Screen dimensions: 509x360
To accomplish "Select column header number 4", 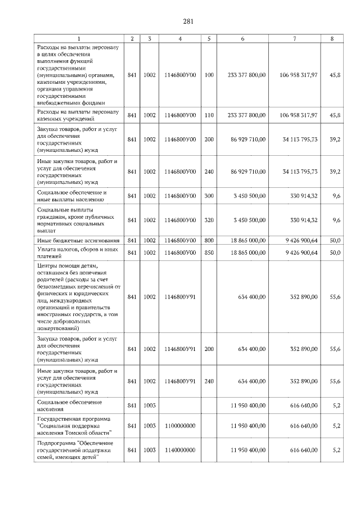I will [x=179, y=38].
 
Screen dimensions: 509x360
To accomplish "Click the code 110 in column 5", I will [x=209, y=115].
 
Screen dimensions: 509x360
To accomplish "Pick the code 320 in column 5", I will [x=209, y=220].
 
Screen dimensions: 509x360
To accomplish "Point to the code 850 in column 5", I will [x=209, y=253].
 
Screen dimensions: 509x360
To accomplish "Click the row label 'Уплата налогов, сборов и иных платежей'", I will [x=77, y=253].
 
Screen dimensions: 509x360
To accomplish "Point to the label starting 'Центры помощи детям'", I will [x=78, y=296].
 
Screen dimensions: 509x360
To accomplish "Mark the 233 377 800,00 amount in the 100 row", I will [x=246, y=75].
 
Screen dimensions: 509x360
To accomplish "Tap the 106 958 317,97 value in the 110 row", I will [x=299, y=115].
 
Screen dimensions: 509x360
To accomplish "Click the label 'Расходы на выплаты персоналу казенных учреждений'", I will [x=77, y=115].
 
